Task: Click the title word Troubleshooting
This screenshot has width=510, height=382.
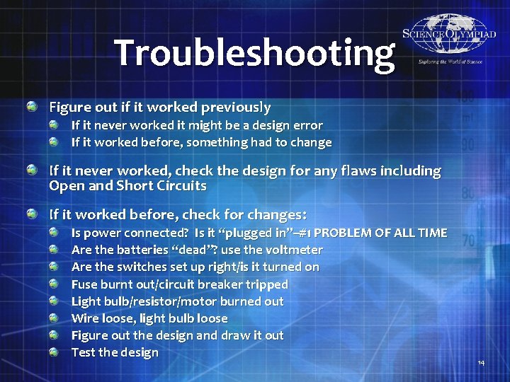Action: click(254, 52)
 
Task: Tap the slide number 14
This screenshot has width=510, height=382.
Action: click(481, 363)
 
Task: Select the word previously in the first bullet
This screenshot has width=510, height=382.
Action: click(236, 108)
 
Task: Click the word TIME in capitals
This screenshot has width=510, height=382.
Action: click(431, 233)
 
